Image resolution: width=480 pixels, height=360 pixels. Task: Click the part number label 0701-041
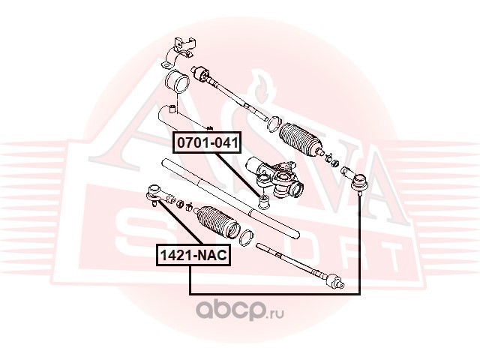pos(207,142)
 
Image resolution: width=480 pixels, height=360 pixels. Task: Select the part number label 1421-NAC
pos(193,255)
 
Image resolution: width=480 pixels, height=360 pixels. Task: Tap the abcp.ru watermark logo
pos(240,309)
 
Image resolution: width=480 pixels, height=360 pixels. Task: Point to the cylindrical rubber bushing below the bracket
pos(177,81)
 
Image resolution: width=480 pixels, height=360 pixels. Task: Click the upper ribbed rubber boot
pos(300,139)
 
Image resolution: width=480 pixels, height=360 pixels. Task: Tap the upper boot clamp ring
pos(274,124)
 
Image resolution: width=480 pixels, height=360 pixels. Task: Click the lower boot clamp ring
pos(246,237)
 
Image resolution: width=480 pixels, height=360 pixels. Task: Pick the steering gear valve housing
pos(275,178)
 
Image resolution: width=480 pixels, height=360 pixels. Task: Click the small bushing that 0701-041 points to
pos(263,202)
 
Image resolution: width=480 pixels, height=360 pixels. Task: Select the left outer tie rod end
pos(157,194)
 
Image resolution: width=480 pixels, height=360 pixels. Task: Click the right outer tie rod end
pos(355,179)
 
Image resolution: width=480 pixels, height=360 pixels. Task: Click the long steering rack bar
pos(230,197)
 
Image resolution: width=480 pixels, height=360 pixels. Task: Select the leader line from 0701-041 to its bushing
pos(238,175)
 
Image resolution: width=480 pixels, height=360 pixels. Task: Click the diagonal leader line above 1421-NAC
pos(180,223)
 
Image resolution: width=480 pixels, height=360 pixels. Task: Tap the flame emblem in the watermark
pos(259,88)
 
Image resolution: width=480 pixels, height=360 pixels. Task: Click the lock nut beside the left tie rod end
pos(181,203)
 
